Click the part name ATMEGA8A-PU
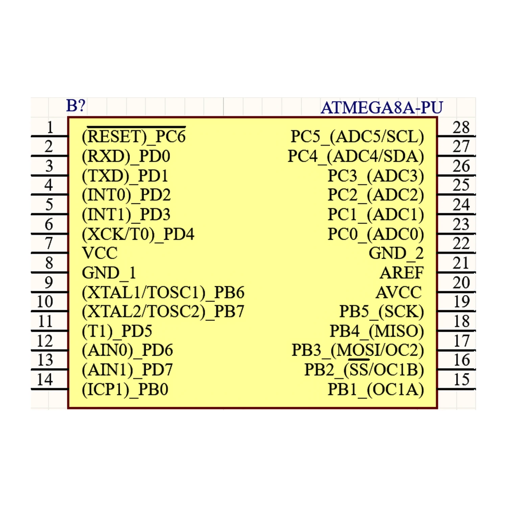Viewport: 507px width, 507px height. coord(381,108)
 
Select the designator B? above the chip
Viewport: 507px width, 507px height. coord(76,106)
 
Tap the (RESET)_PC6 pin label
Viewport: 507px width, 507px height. coord(134,137)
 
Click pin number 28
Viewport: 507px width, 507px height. coord(461,128)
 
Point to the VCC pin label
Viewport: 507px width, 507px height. coord(100,253)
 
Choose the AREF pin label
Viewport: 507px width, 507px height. coord(401,273)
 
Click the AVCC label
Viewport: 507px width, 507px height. coord(399,292)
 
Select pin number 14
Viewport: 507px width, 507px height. coord(45,380)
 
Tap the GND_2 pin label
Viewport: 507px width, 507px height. coord(396,253)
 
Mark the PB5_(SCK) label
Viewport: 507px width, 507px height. coord(381,312)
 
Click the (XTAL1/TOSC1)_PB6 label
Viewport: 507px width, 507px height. coord(163,292)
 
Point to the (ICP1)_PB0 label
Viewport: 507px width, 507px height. coord(125,389)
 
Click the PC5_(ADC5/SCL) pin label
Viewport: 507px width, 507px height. coord(357,137)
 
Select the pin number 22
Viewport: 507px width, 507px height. coord(461,244)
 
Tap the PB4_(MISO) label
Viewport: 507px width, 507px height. coord(377,331)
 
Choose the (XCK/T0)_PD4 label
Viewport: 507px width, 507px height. coord(138,234)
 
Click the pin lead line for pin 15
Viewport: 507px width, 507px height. coord(456,389)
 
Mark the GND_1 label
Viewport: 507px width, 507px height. coord(109,273)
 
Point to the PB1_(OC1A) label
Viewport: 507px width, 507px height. coord(376,389)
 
